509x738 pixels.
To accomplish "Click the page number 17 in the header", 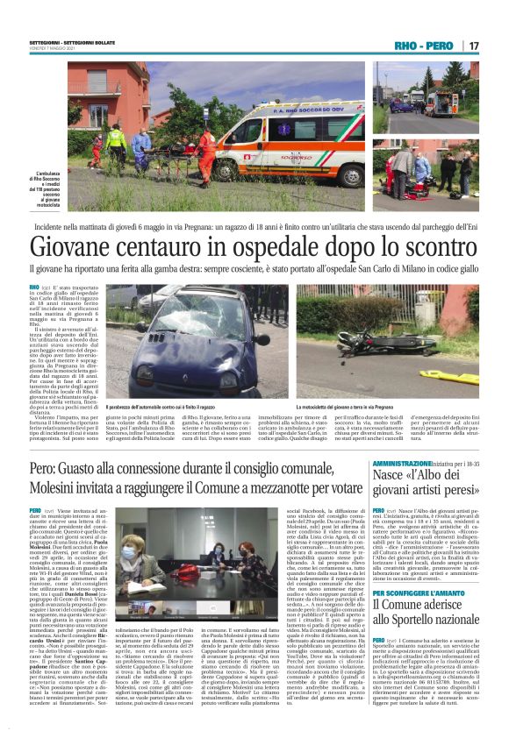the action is (474, 45).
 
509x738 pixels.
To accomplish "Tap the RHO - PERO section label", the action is (425, 45).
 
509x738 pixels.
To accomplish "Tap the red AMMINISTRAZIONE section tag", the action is (400, 462).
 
